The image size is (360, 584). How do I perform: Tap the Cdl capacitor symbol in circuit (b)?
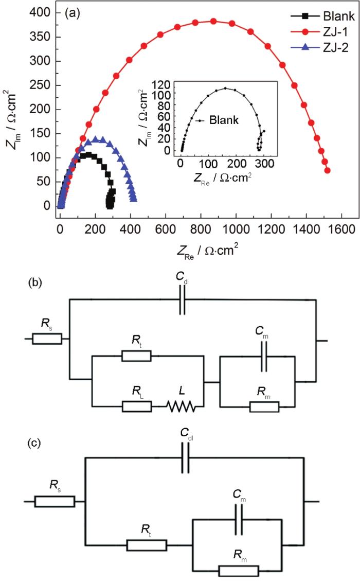pos(183,306)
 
